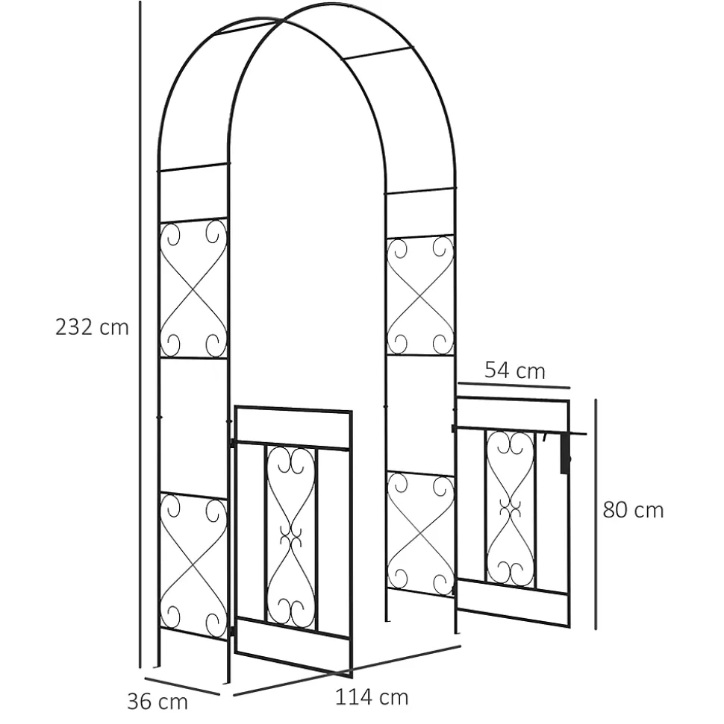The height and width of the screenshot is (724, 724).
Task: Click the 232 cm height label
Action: click(x=92, y=327)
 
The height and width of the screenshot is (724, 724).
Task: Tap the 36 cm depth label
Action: click(x=157, y=702)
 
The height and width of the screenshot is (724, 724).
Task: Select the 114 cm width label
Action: click(x=372, y=697)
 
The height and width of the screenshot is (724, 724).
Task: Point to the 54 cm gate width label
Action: click(x=515, y=371)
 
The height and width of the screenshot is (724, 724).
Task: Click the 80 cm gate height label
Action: click(x=634, y=510)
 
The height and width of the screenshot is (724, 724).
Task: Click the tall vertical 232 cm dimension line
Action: click(x=140, y=334)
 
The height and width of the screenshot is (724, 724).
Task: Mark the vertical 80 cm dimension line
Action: click(x=596, y=514)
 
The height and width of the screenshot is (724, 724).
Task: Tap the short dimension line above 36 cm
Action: click(x=182, y=686)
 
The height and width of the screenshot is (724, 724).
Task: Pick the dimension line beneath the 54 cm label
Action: click(x=514, y=385)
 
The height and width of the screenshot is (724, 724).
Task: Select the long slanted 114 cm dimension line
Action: click(x=347, y=670)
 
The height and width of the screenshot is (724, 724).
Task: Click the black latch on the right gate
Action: click(x=565, y=454)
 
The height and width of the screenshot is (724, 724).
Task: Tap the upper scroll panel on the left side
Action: click(x=193, y=289)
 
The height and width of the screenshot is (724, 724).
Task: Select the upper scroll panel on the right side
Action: click(x=420, y=295)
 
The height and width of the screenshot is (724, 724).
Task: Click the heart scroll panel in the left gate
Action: click(x=291, y=538)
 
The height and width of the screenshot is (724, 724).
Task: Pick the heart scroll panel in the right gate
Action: click(x=511, y=509)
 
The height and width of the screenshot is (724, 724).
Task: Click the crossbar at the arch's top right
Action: click(x=378, y=53)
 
